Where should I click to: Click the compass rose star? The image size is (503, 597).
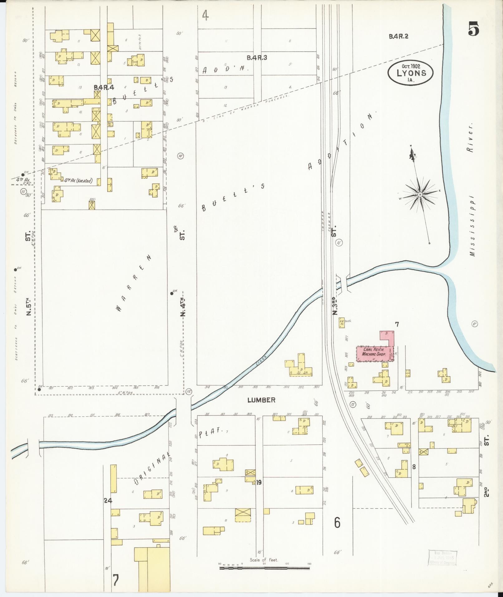pos(420,195)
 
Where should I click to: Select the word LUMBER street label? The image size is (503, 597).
pos(261,400)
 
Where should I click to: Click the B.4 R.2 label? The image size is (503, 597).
pos(398,37)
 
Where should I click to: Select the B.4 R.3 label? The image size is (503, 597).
pos(257,57)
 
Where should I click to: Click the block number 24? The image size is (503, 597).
pos(108,501)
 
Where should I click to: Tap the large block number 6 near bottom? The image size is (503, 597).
pos(337,523)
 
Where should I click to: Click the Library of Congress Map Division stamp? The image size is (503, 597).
pos(443,557)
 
